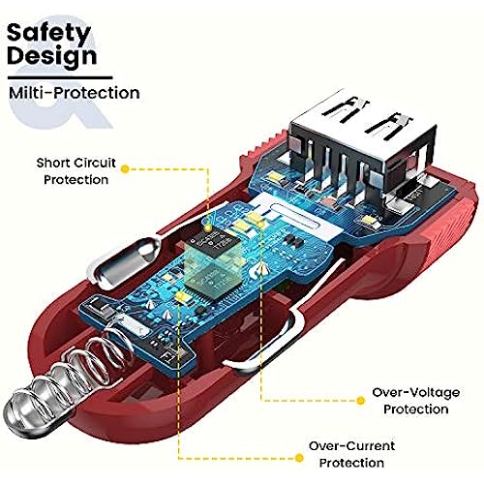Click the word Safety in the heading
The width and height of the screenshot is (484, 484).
click(48, 33)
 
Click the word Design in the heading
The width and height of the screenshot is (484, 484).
click(51, 56)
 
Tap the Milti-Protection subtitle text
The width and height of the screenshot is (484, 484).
click(75, 93)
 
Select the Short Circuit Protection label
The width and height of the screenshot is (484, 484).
click(76, 171)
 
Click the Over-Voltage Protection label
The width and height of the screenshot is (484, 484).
click(416, 401)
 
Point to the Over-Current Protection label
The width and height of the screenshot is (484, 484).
click(351, 454)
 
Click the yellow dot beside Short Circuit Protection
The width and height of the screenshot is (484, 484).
click(125, 168)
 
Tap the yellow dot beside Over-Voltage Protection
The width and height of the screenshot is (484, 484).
click(361, 401)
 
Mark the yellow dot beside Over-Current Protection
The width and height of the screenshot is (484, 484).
click(300, 458)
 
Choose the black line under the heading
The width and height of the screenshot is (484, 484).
click(60, 77)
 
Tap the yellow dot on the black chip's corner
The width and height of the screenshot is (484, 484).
click(208, 228)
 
